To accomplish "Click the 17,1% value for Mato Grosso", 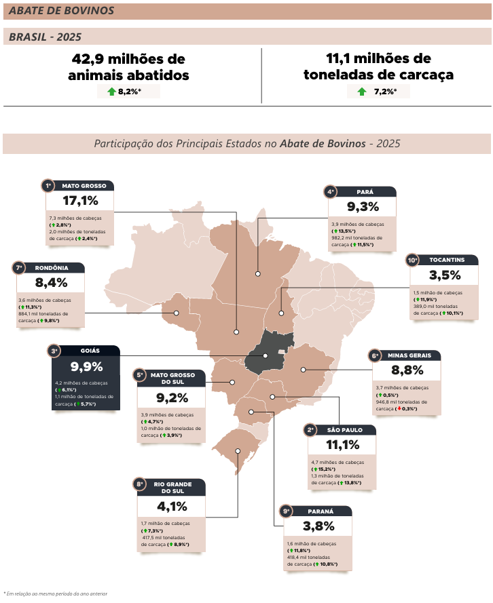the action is (80, 200).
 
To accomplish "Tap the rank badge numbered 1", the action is (48, 186).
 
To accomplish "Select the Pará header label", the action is (365, 191).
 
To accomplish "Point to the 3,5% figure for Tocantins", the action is (445, 275).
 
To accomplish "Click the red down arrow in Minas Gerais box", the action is (399, 408).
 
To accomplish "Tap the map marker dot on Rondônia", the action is (177, 313).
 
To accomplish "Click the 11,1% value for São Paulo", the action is (342, 445).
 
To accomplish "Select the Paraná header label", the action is (321, 511).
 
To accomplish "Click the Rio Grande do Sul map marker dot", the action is (238, 451).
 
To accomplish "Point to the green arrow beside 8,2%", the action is (111, 92).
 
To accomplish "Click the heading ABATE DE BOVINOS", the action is (62, 11).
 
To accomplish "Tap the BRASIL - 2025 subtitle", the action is (45, 37).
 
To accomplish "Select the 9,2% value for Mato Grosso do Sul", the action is (172, 397).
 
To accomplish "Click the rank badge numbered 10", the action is (412, 260).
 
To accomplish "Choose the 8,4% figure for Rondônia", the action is (51, 283).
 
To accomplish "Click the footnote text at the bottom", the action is (55, 594).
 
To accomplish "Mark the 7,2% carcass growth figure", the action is (385, 92).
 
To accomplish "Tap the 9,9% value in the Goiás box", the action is (87, 366).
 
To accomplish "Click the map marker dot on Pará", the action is (258, 274).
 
